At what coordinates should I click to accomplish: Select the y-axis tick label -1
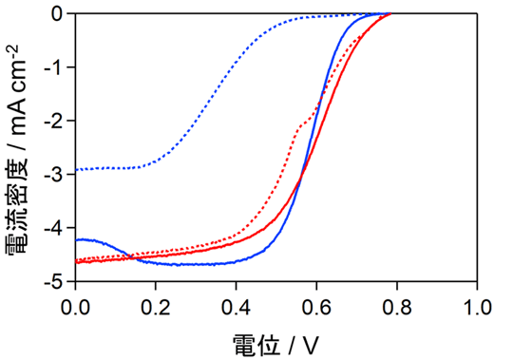click(54, 67)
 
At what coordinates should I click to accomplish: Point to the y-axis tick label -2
click(54, 122)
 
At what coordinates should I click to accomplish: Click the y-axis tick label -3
click(54, 175)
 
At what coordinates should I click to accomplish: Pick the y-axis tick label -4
click(54, 229)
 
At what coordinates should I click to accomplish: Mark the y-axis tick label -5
click(54, 282)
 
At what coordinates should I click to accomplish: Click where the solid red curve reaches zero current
click(390, 14)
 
